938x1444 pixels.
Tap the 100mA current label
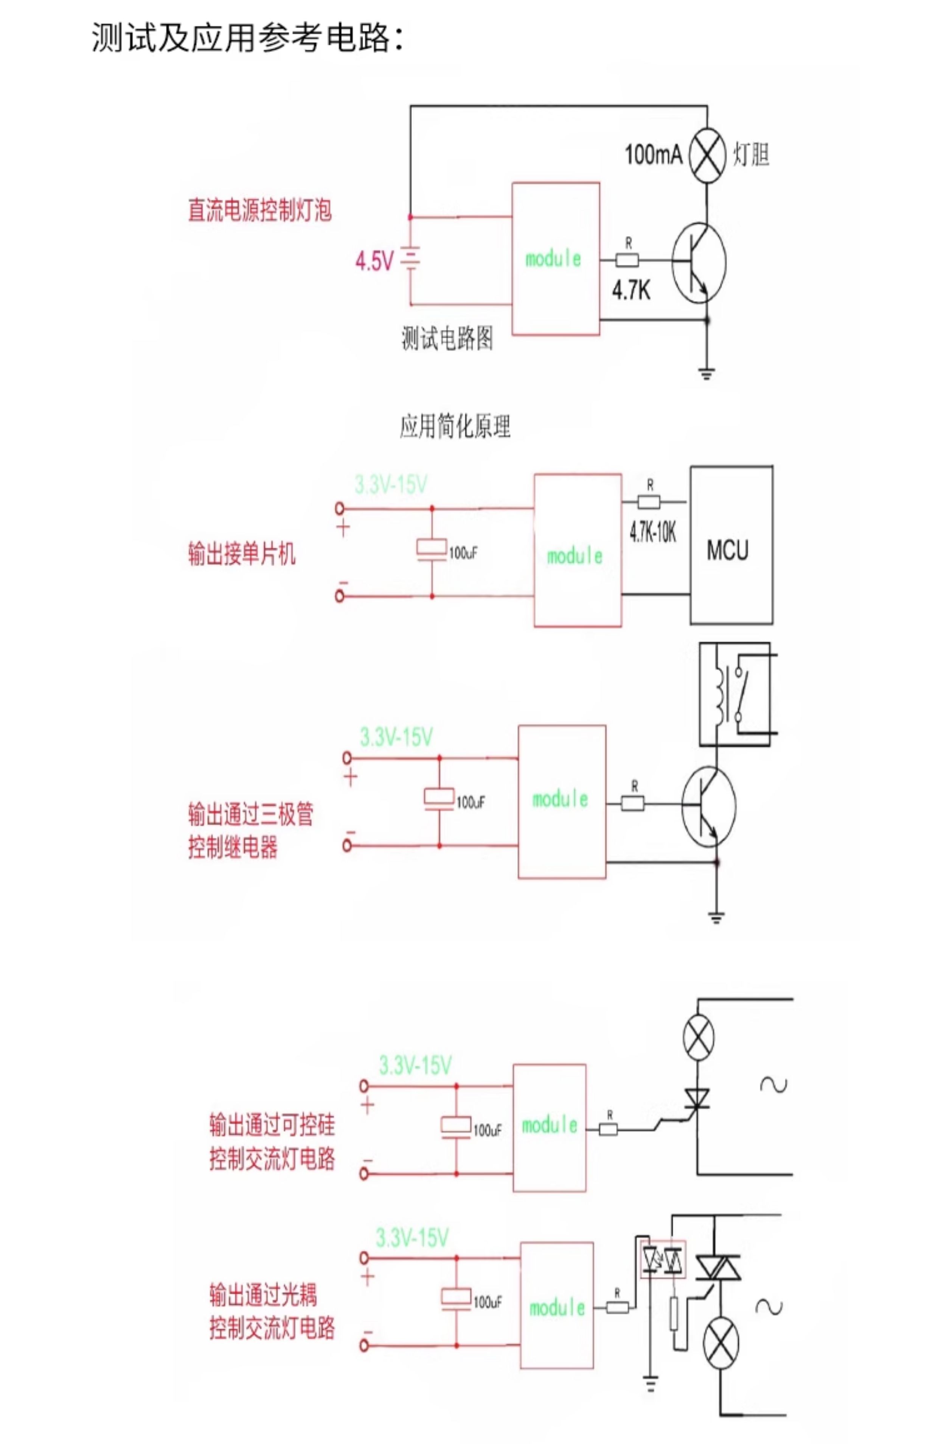[x=653, y=155]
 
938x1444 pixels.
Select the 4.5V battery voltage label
[x=374, y=261]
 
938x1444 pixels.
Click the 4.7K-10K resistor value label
[x=652, y=533]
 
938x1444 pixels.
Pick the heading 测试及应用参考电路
[x=247, y=37]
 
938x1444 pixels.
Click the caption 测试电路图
[x=447, y=338]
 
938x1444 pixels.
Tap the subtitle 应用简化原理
[x=455, y=426]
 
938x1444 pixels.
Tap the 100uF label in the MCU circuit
[x=463, y=553]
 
